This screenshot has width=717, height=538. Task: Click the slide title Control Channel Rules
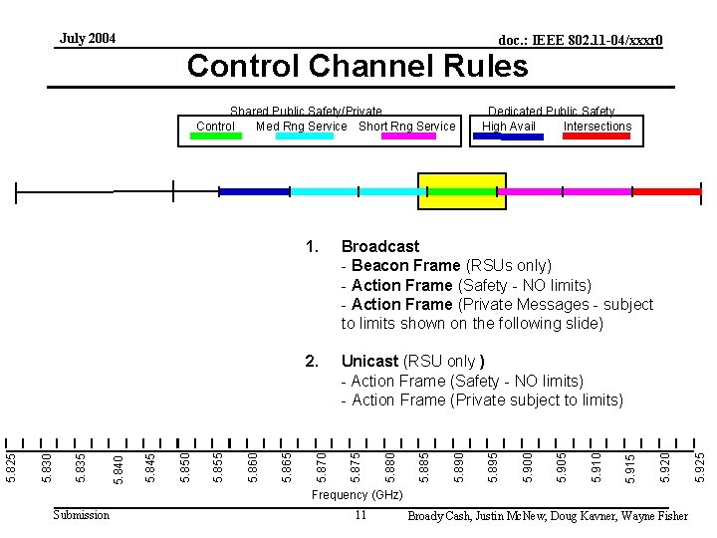click(x=358, y=66)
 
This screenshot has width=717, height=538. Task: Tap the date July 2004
click(x=88, y=39)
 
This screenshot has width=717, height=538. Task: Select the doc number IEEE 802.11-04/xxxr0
click(x=581, y=41)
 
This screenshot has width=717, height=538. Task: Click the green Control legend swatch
click(x=216, y=136)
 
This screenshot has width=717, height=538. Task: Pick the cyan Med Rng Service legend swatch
click(x=305, y=136)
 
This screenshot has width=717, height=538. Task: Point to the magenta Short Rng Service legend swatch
click(x=408, y=136)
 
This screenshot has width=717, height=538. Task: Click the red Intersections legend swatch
click(x=597, y=136)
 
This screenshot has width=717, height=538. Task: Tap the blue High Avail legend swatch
click(x=508, y=136)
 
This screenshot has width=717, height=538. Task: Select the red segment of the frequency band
click(x=667, y=190)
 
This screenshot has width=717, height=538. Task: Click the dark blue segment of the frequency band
click(x=254, y=190)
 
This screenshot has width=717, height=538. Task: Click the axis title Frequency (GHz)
click(x=358, y=495)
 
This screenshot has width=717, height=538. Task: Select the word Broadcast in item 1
click(x=380, y=246)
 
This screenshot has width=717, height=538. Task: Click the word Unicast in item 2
click(x=369, y=362)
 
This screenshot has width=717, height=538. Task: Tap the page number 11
click(x=360, y=515)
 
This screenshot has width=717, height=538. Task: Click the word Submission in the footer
click(x=82, y=514)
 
